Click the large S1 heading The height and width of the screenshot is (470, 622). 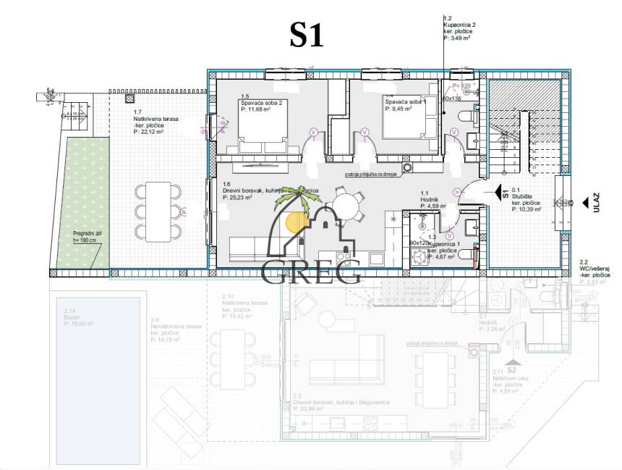(x=306, y=34)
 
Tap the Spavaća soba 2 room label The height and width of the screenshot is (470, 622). (x=261, y=103)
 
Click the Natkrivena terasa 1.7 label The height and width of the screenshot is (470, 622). (x=155, y=119)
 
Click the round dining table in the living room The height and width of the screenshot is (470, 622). (x=349, y=205)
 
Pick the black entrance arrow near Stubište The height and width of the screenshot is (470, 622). (x=499, y=193)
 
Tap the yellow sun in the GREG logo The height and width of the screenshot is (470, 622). (x=296, y=222)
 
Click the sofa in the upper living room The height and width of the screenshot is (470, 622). (x=250, y=250)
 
